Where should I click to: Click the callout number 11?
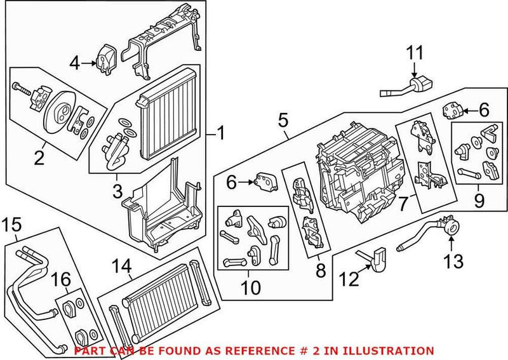[x=414, y=53]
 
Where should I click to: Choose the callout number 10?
[x=250, y=288]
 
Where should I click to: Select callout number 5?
[x=283, y=119]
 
